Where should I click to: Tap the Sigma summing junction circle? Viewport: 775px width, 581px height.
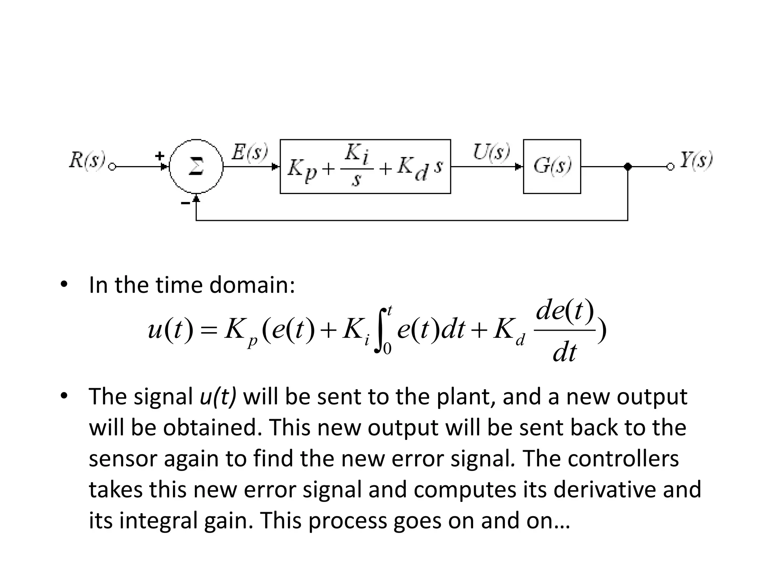tap(196, 166)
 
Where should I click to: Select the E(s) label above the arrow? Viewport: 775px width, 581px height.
tap(249, 152)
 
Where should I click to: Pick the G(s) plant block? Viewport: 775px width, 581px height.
tap(552, 166)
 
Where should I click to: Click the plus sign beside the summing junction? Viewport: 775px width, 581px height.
tap(160, 155)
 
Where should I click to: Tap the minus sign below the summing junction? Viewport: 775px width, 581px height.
tap(185, 204)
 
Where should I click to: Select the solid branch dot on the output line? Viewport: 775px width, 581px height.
tap(628, 166)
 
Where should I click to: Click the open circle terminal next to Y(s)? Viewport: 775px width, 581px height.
tap(670, 167)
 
